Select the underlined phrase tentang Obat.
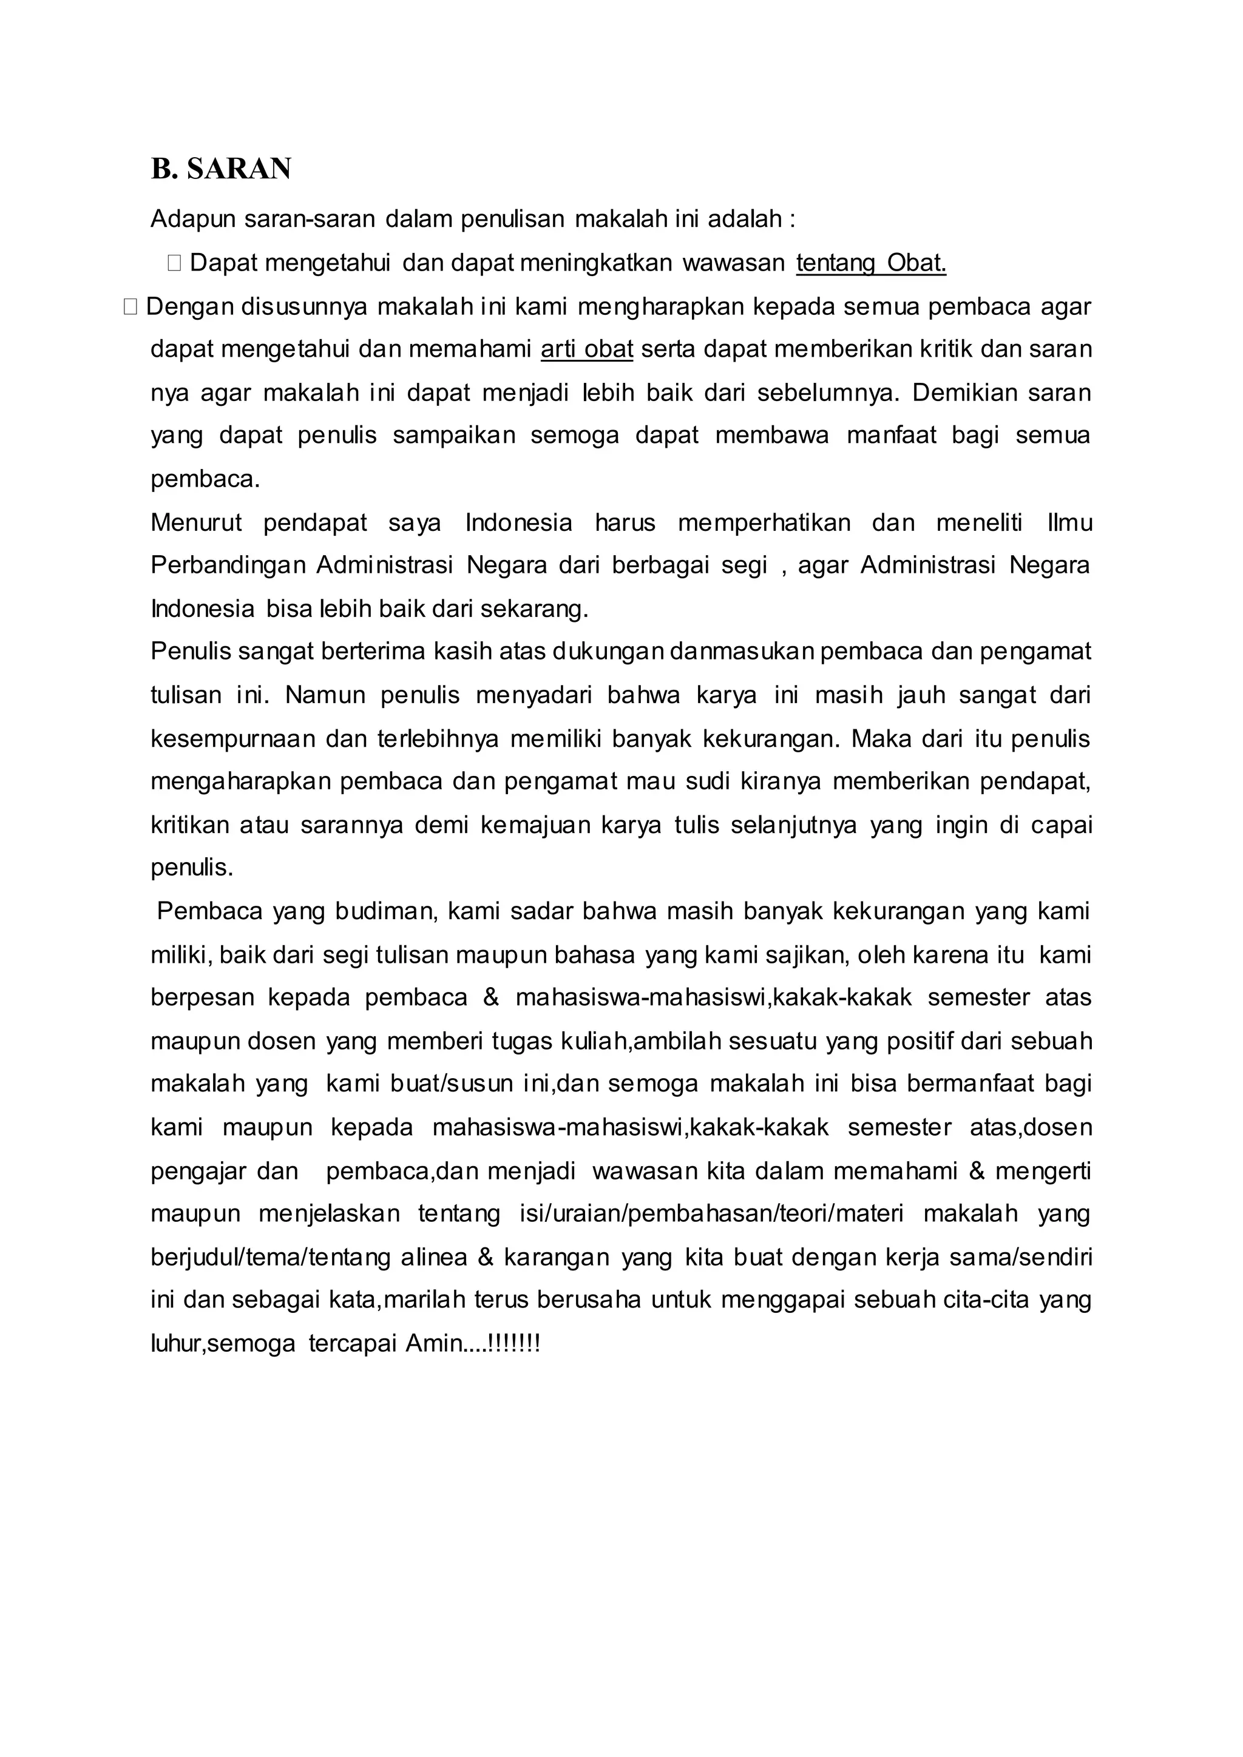[x=871, y=263]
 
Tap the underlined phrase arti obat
[x=587, y=349]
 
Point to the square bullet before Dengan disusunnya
[x=129, y=307]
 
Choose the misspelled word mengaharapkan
[x=240, y=782]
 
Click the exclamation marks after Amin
[x=513, y=1344]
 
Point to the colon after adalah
[x=792, y=220]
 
